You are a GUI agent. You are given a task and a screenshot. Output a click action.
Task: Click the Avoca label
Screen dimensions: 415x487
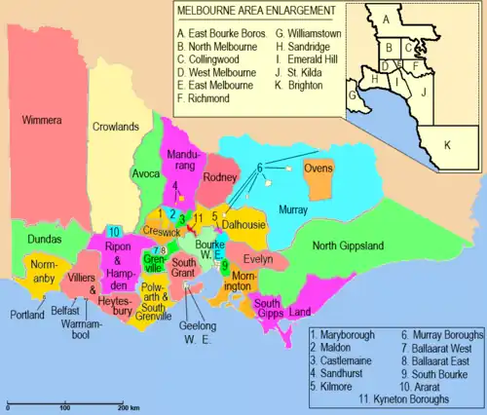pos(146,173)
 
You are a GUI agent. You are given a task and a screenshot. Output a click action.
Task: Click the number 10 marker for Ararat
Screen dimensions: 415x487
pos(114,232)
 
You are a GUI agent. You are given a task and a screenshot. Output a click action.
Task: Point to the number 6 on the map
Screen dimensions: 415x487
pos(260,167)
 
